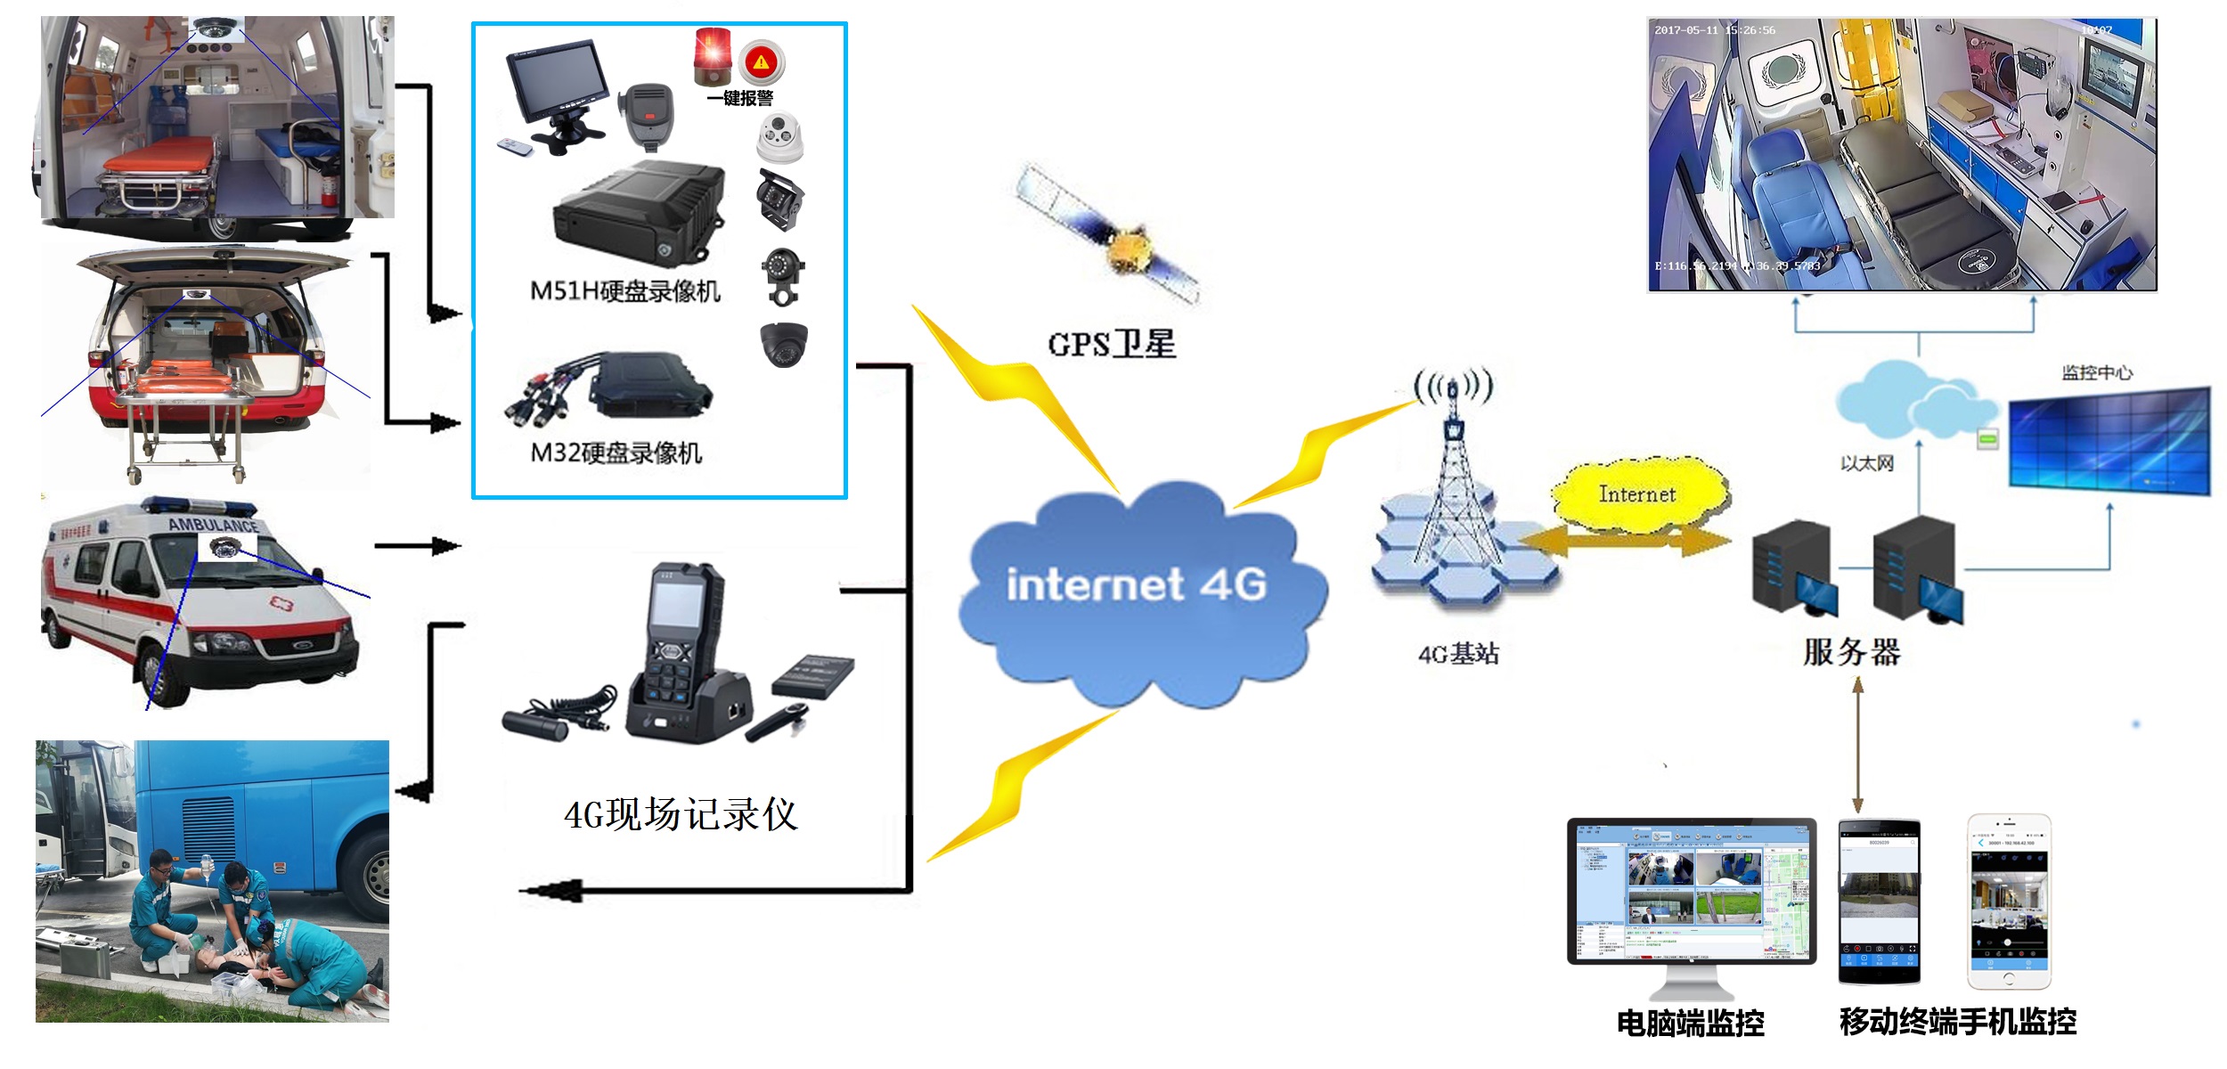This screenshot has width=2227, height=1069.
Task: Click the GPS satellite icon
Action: pyautogui.click(x=1109, y=236)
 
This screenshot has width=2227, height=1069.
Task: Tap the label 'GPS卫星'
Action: pyautogui.click(x=1112, y=344)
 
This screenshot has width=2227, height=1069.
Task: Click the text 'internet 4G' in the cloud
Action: pyautogui.click(x=1136, y=584)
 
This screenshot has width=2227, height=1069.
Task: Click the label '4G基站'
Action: pyautogui.click(x=1458, y=654)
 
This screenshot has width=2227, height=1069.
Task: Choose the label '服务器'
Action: pyautogui.click(x=1852, y=652)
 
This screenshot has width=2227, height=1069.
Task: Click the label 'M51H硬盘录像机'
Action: pyautogui.click(x=624, y=291)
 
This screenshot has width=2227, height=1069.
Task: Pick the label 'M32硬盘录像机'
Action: pyautogui.click(x=616, y=453)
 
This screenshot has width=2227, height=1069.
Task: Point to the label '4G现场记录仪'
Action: pyautogui.click(x=681, y=814)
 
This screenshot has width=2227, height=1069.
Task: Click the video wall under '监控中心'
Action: pyautogui.click(x=2109, y=441)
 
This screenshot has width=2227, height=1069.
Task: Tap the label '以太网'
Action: pyautogui.click(x=1867, y=463)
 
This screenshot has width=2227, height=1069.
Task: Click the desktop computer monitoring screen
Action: pyautogui.click(x=1691, y=891)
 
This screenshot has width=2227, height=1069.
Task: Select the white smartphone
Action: pyautogui.click(x=2009, y=902)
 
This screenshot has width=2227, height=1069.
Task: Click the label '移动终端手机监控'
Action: pyautogui.click(x=1958, y=1022)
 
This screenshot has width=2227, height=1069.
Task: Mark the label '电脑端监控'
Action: pyautogui.click(x=1690, y=1024)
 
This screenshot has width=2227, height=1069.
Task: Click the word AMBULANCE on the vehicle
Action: pyautogui.click(x=213, y=526)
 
